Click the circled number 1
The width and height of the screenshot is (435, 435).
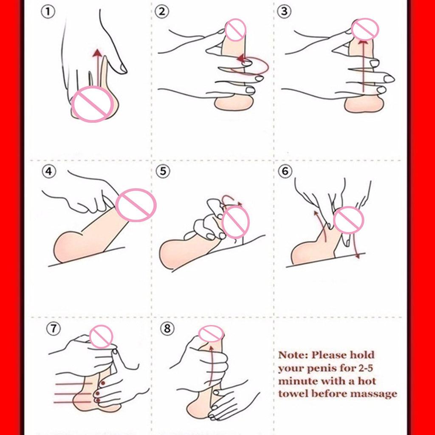(x=48, y=12)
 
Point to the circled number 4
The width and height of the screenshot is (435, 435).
(x=49, y=171)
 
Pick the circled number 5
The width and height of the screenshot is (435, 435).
(x=163, y=171)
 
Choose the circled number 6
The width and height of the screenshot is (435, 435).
(x=285, y=171)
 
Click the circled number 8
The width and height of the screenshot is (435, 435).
(x=167, y=328)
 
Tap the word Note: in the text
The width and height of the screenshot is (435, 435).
(x=293, y=355)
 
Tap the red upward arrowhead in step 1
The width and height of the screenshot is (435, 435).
(x=97, y=53)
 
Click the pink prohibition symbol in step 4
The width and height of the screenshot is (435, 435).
(x=136, y=205)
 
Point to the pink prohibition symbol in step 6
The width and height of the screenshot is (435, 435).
(x=348, y=220)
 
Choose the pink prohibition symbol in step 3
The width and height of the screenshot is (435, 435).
(x=365, y=29)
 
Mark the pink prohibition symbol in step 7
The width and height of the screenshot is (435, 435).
(x=101, y=336)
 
